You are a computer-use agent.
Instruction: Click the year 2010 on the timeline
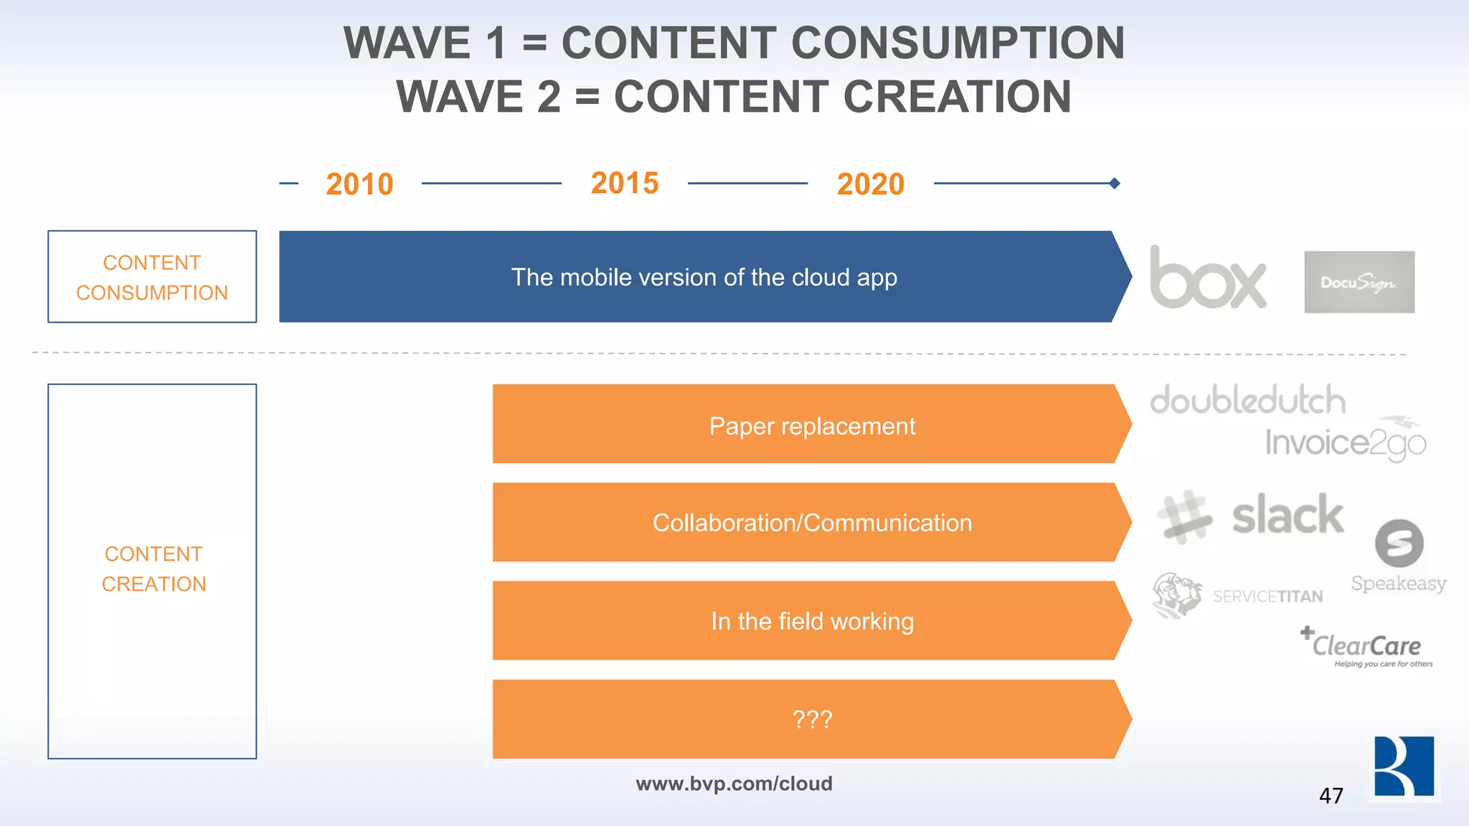coord(359,184)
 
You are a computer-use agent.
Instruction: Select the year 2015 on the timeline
coord(625,183)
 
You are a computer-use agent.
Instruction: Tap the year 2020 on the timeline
coord(870,184)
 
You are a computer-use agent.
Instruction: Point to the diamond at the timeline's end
coord(1114,184)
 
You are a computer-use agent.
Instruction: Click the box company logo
coord(1208,278)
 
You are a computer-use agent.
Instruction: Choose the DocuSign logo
coord(1359,282)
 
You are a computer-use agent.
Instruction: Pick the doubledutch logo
coord(1247,400)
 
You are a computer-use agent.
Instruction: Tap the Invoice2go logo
coord(1345,441)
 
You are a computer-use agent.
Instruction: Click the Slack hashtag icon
coord(1184,516)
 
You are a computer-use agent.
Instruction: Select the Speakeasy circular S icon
coord(1399,543)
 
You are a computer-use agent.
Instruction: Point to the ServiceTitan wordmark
coord(1267,597)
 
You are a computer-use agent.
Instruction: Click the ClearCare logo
coord(1366,647)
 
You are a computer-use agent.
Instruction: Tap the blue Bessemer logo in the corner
coord(1404,766)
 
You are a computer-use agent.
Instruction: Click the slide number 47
coord(1331,796)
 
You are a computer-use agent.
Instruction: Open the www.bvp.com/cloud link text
coord(734,784)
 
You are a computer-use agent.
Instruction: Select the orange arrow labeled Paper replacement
coord(811,426)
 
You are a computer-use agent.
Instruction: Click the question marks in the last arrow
coord(812,719)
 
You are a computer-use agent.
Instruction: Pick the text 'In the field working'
coord(812,621)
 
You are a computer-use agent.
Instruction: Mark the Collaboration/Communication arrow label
coord(812,523)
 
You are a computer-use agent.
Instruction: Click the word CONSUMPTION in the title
coord(958,43)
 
